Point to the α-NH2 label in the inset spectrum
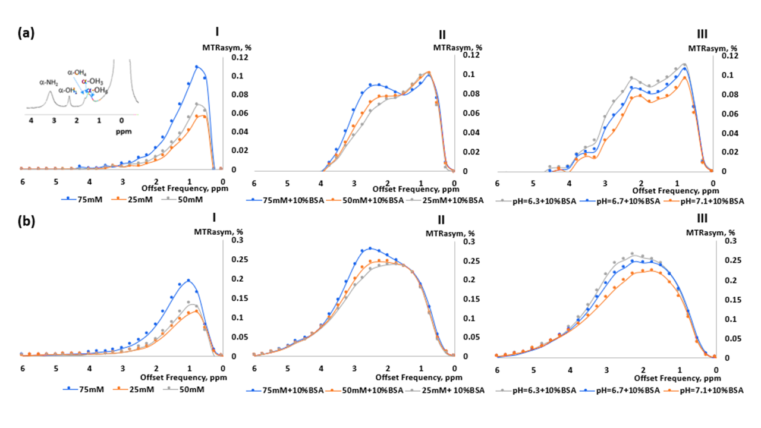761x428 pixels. click(x=50, y=83)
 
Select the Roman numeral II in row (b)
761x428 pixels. click(x=442, y=220)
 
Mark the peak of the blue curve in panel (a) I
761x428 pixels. click(x=197, y=67)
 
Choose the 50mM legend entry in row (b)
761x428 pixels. click(x=188, y=389)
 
